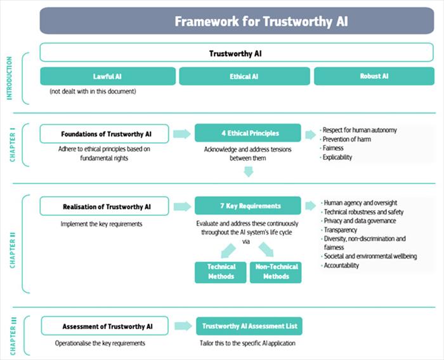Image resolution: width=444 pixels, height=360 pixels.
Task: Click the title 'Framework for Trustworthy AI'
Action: pyautogui.click(x=261, y=22)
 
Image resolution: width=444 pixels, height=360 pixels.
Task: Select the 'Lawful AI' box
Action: pyautogui.click(x=108, y=76)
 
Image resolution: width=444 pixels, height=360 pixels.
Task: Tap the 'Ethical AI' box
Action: pyautogui.click(x=244, y=76)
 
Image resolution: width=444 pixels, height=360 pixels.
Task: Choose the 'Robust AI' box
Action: pyautogui.click(x=374, y=76)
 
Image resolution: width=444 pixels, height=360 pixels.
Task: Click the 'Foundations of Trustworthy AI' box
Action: pyautogui.click(x=105, y=134)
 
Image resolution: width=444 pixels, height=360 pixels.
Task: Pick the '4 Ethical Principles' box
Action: pyautogui.click(x=248, y=133)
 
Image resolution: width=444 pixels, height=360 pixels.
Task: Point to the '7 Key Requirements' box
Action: pyautogui.click(x=248, y=206)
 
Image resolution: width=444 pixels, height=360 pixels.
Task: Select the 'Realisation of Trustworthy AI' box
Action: pyautogui.click(x=105, y=206)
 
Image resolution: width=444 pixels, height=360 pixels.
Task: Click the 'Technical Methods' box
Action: pyautogui.click(x=221, y=272)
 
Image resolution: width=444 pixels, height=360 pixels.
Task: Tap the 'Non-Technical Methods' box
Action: pyautogui.click(x=275, y=272)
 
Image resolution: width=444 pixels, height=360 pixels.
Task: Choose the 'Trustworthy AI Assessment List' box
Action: pyautogui.click(x=249, y=326)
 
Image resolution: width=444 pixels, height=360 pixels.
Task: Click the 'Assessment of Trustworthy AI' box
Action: pyautogui.click(x=105, y=326)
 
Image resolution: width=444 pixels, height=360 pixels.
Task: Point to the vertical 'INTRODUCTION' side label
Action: pyautogui.click(x=10, y=78)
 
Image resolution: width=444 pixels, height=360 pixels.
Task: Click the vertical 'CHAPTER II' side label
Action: pyautogui.click(x=13, y=250)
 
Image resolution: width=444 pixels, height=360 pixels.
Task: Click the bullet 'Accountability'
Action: pyautogui.click(x=341, y=265)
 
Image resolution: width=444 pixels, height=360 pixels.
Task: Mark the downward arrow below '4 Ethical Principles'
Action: pyautogui.click(x=249, y=171)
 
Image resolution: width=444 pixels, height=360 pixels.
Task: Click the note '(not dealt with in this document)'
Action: pyautogui.click(x=93, y=91)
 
